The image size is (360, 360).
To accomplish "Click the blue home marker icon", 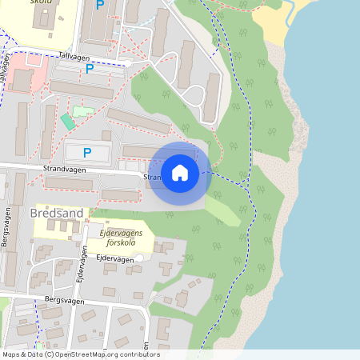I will click(180, 173).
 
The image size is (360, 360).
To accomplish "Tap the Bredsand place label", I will click(55, 214).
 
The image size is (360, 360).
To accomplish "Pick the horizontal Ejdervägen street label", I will click(114, 259).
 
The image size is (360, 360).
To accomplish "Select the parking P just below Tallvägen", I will click(89, 69).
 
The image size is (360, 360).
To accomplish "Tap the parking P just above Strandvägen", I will click(87, 152).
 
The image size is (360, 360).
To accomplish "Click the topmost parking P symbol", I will click(100, 5).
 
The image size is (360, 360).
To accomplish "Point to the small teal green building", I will click(67, 122).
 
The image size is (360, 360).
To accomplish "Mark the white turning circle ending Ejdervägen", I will click(139, 258).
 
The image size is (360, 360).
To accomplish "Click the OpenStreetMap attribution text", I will click(80, 354).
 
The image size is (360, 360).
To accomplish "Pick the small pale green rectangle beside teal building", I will click(83, 111).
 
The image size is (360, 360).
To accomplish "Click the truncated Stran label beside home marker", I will click(152, 178).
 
